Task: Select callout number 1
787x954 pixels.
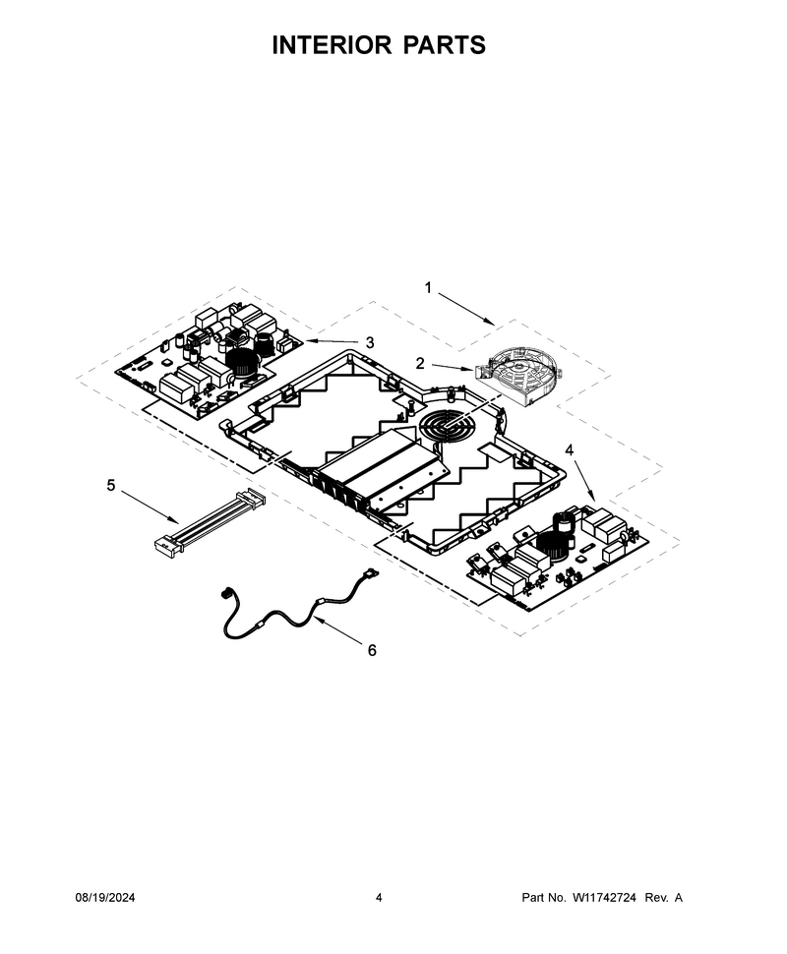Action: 428,287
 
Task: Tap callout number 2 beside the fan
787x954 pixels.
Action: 420,363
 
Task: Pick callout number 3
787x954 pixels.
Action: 370,342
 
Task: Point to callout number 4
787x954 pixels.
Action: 569,449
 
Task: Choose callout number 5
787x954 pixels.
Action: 111,485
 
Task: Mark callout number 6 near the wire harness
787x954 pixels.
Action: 372,650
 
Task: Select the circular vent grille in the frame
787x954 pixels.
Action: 448,425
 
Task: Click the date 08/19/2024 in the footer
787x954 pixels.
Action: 105,897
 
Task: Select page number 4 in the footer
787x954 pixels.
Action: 379,897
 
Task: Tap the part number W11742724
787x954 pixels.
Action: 604,897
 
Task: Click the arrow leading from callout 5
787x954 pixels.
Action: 150,507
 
